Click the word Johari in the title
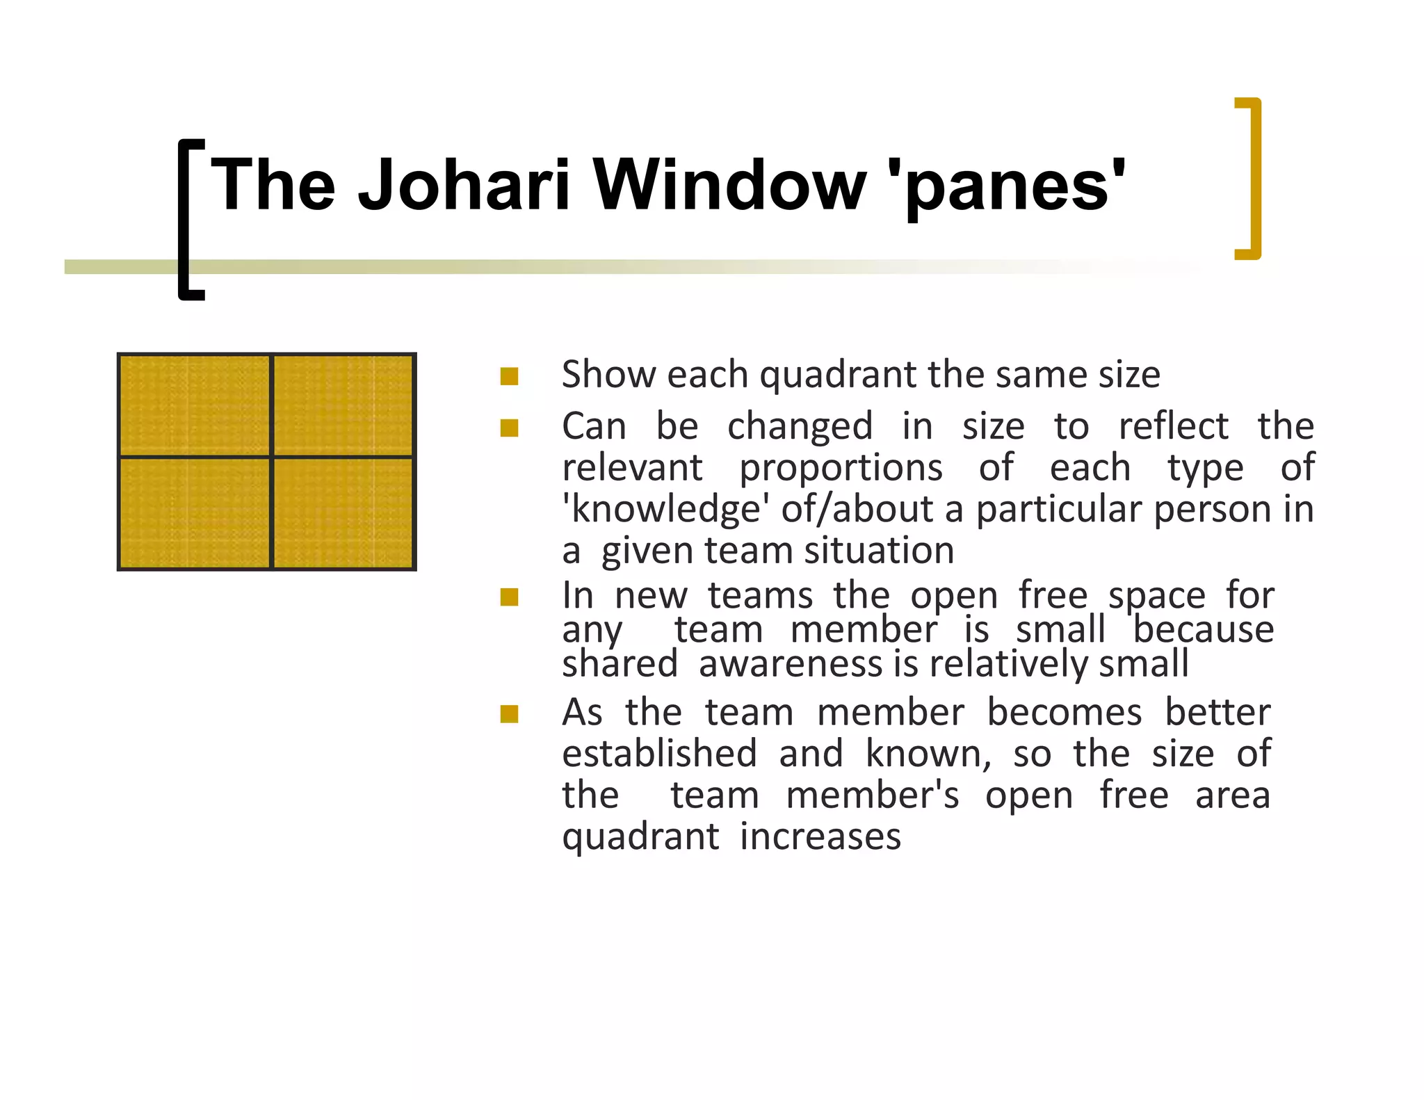coord(464,184)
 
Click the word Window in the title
coord(729,184)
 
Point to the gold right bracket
coord(1252,179)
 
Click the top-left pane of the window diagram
coord(195,405)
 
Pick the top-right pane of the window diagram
coord(343,405)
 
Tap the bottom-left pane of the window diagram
coord(195,513)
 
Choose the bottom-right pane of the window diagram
coord(343,513)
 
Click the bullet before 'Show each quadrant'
coord(509,376)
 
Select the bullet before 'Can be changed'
coord(509,428)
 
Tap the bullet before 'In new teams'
coord(509,597)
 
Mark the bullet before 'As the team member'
coord(509,714)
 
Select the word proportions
coord(841,468)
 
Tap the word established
coord(659,754)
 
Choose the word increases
coord(820,836)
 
